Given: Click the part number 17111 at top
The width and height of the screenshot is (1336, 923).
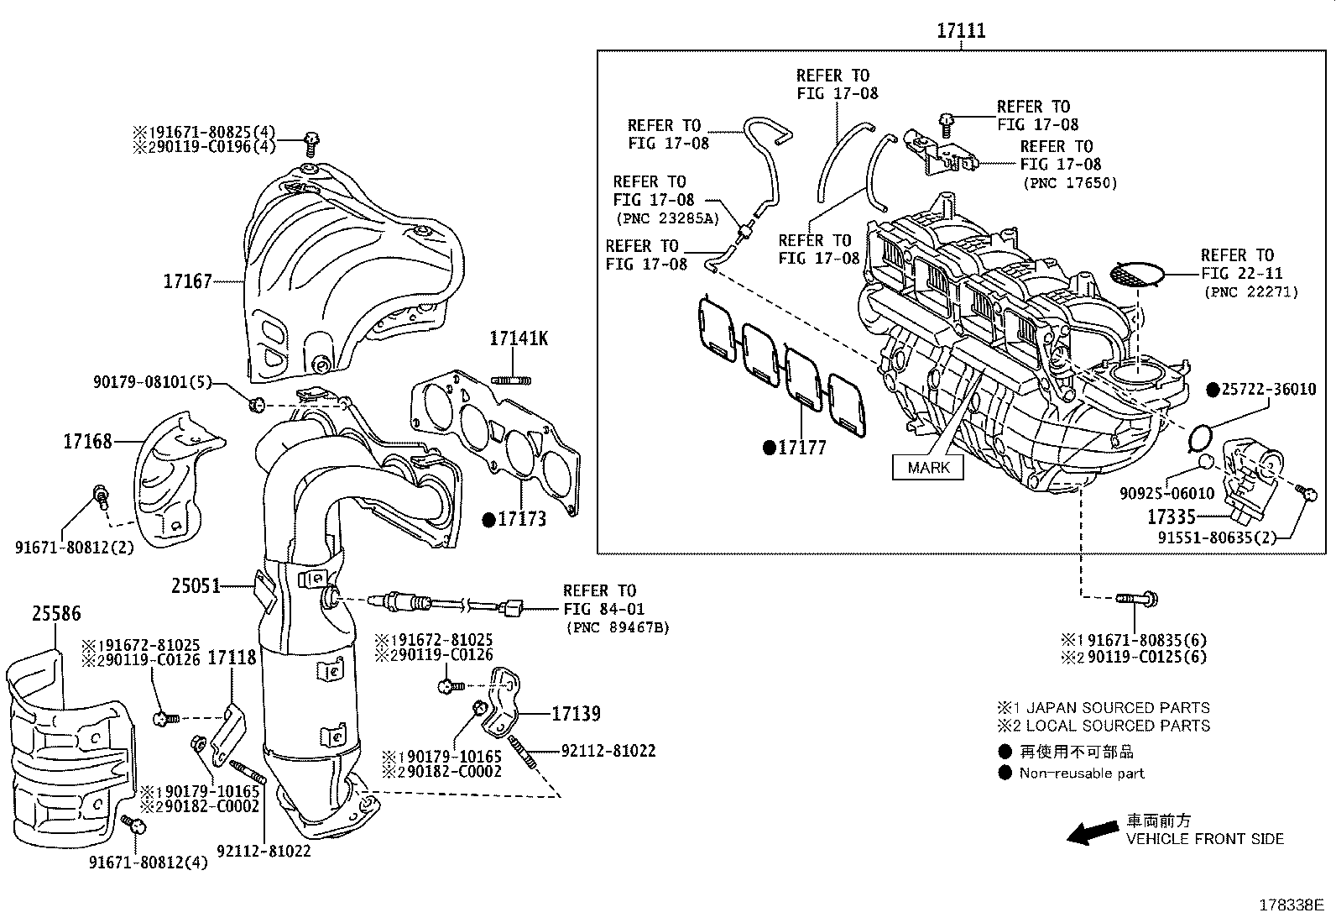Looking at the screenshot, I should tap(961, 31).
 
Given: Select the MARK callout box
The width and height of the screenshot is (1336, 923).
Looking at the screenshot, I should tap(928, 468).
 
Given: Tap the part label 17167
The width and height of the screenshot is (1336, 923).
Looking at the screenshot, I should tap(187, 281).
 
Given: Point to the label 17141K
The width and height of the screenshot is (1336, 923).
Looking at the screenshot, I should tap(519, 338).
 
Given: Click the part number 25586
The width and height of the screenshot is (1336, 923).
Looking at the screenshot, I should tap(56, 614).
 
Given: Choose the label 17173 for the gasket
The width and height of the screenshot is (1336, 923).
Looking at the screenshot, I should tap(521, 519).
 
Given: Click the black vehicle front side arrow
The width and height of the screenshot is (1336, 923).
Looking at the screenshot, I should tap(1089, 833).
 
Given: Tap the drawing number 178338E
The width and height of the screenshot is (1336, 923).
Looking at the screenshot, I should tap(1290, 905).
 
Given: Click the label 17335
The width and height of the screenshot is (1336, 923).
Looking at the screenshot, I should tap(1172, 517).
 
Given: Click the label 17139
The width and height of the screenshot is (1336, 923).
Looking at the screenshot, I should tap(576, 714).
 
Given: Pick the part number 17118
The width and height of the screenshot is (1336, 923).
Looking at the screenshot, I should tap(232, 658).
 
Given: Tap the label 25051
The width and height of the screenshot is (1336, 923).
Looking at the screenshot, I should tap(196, 585).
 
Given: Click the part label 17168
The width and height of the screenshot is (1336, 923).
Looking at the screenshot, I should tap(87, 441).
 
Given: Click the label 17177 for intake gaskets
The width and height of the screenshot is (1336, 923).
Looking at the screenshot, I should tap(801, 448).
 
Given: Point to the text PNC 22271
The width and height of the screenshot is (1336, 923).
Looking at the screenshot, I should tap(1250, 291).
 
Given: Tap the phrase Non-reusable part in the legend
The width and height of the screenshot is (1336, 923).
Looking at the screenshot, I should tap(1082, 774).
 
